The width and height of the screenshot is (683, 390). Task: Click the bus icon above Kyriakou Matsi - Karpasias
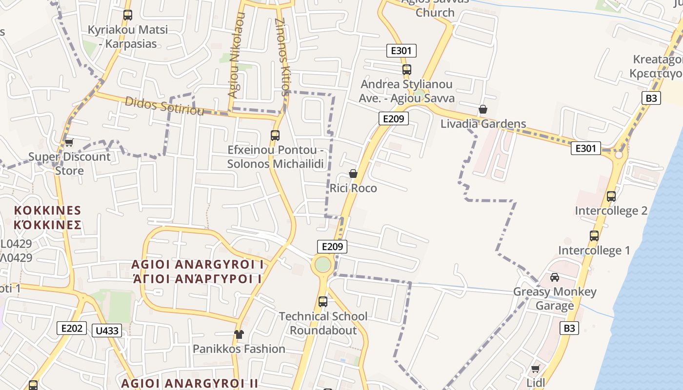(128, 15)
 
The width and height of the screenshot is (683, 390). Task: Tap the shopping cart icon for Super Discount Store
(69, 142)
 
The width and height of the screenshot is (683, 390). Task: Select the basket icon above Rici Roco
(353, 174)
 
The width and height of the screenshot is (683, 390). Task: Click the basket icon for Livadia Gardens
(483, 109)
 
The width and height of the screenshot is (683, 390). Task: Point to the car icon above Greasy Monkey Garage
(555, 277)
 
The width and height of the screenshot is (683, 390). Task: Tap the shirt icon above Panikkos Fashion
(239, 334)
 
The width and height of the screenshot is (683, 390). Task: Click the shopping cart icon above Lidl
(536, 369)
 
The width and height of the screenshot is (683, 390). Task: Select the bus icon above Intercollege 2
(611, 196)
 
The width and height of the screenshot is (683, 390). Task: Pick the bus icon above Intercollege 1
(594, 236)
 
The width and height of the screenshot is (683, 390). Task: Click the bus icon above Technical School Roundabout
(323, 302)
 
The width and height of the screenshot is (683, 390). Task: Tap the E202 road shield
(72, 328)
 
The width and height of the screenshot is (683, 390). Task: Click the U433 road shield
(107, 331)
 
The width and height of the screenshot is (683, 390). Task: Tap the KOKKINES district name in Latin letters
(47, 210)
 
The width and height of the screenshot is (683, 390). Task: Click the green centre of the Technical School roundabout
(322, 265)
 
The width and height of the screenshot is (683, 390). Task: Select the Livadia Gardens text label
(483, 124)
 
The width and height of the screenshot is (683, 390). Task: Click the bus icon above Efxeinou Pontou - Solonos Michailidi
(275, 135)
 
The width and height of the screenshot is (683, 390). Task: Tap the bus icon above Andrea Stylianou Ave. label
(407, 70)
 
